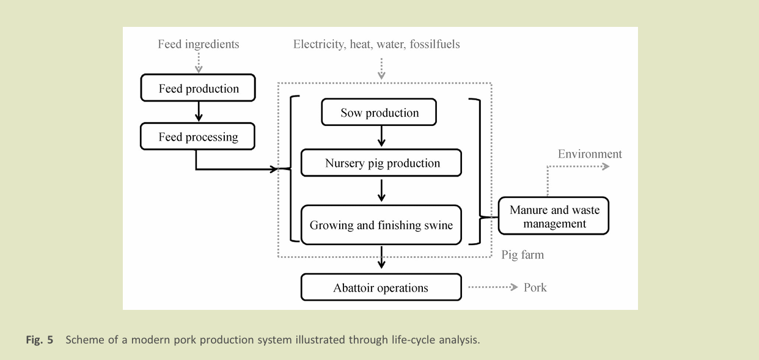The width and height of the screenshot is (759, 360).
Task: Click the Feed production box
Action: [x=198, y=89]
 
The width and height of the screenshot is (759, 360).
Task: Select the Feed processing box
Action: [x=198, y=137]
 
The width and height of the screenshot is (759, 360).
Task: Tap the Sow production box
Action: [x=380, y=112]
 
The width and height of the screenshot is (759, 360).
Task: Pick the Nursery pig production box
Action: [x=382, y=163]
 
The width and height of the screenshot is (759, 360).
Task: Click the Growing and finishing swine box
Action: [x=381, y=225]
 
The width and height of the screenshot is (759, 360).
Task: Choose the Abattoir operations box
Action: [x=381, y=288]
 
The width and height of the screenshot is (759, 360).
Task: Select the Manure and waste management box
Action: [x=554, y=216]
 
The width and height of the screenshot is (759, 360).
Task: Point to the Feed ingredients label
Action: [x=198, y=44]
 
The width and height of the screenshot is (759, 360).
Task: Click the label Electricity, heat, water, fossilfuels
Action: [x=376, y=44]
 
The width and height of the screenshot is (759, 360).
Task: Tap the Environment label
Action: [x=590, y=154]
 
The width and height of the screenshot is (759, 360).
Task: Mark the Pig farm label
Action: [x=522, y=254]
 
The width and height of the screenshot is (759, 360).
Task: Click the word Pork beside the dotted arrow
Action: [x=535, y=287]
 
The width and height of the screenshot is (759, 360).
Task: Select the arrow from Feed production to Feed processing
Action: [x=198, y=112]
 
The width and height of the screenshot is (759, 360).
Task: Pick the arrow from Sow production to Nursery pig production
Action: [x=381, y=136]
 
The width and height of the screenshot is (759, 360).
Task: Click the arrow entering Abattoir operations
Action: [x=381, y=257]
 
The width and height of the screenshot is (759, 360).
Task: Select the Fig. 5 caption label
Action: [x=39, y=340]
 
